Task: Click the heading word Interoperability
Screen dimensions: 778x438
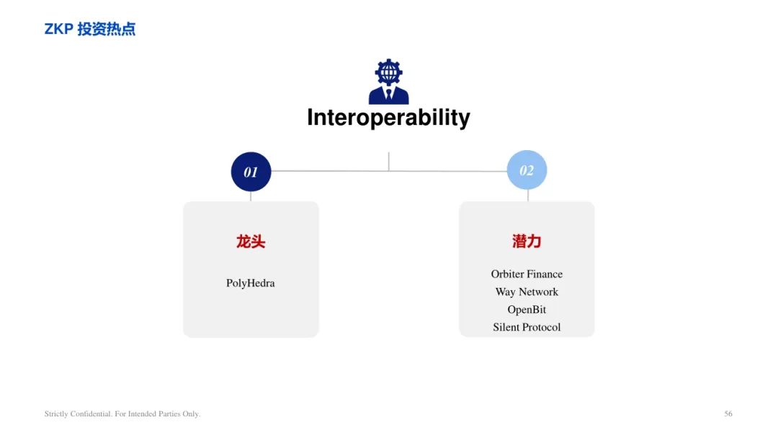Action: point(388,118)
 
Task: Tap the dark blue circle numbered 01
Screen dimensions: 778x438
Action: point(251,172)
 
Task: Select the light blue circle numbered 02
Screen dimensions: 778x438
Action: point(527,170)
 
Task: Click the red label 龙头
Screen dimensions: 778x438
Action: point(251,242)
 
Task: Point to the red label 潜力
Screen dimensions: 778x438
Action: point(527,241)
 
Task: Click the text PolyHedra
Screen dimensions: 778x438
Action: point(251,284)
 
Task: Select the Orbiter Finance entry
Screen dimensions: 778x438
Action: point(527,274)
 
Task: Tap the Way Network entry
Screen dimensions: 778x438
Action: point(527,292)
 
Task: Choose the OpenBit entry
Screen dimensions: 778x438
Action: point(527,310)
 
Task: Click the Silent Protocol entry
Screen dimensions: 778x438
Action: point(527,327)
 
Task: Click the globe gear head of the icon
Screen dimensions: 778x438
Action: point(388,72)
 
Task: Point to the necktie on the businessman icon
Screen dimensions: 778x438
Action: point(388,94)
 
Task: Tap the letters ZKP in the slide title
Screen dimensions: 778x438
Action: point(59,29)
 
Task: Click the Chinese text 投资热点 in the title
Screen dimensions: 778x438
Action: point(106,29)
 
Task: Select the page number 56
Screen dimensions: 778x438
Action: point(728,413)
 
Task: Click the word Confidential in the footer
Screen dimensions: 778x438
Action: point(91,413)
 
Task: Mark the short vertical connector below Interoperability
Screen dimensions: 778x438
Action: point(388,162)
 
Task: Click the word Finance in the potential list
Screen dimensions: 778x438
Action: point(545,274)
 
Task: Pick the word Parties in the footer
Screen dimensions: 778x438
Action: point(169,413)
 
